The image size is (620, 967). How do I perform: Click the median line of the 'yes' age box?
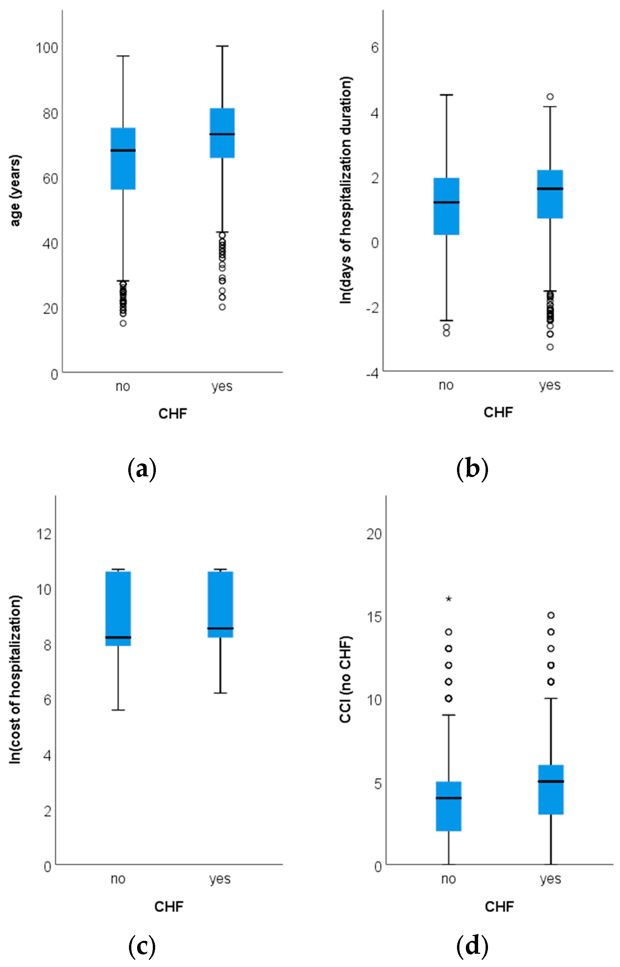[222, 134]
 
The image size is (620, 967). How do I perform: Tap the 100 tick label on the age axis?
[47, 48]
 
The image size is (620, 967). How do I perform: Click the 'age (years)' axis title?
[15, 191]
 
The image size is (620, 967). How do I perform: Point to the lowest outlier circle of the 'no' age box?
[123, 323]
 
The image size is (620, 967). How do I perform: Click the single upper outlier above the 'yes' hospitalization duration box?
[550, 97]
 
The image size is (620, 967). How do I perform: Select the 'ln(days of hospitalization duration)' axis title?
[346, 190]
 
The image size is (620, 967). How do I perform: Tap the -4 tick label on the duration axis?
[372, 374]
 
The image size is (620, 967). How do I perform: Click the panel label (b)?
[472, 469]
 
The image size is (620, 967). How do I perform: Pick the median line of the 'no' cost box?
[118, 637]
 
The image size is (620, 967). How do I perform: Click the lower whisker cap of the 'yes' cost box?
[220, 693]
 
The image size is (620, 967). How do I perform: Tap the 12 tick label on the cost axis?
[44, 534]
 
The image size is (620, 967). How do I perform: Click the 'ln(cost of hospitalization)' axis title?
[15, 679]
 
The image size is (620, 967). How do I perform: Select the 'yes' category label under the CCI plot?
[550, 879]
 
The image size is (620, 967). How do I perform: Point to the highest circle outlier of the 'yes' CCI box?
[551, 615]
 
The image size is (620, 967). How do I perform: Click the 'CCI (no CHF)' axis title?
[345, 679]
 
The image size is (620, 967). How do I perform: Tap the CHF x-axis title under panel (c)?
[169, 907]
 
